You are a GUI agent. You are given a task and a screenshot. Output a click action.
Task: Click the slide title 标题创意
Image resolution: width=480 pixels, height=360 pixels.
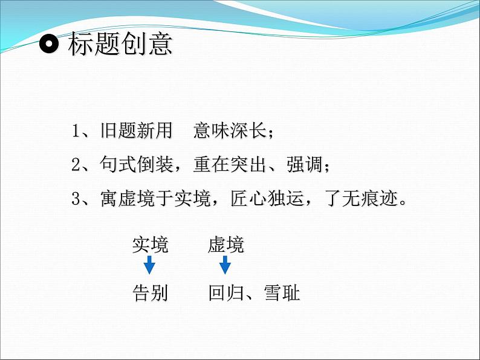coord(120,44)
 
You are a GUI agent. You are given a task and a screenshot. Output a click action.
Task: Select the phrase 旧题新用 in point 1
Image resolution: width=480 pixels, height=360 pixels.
coord(136,130)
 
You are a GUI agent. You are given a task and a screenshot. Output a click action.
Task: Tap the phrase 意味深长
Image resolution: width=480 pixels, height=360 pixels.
coord(230,130)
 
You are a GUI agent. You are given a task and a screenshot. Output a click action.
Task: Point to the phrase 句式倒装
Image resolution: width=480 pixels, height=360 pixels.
coord(136,164)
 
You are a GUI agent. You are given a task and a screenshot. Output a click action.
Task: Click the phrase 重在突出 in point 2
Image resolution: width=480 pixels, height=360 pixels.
coord(230,164)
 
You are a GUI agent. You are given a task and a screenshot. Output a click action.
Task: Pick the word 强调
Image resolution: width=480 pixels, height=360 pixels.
coord(304,164)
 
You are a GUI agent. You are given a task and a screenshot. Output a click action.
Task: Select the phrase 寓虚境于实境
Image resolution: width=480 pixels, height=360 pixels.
coord(155,198)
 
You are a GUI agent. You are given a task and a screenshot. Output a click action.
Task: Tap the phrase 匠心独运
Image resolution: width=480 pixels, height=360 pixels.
coord(267,198)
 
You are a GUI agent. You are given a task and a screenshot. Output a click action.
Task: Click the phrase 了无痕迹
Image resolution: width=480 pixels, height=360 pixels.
coord(362,198)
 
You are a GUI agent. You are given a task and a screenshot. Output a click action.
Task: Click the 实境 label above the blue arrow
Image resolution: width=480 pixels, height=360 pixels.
coord(151,245)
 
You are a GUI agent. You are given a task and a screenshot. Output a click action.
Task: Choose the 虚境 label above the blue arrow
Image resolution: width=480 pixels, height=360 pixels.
coord(225,245)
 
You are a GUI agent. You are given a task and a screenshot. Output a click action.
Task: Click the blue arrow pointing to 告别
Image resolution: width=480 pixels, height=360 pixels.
coord(149,265)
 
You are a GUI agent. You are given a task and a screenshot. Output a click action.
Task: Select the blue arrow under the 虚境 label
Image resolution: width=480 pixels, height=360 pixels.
coord(225,265)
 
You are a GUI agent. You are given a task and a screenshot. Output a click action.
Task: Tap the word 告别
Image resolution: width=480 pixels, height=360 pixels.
coord(151,293)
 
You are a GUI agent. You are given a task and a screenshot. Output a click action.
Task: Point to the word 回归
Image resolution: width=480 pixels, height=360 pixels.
coord(226,293)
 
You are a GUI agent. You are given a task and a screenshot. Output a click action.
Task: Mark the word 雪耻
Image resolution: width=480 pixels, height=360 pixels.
coord(282,293)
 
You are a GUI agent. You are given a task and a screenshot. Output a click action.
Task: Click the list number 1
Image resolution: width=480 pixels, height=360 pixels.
coord(76,131)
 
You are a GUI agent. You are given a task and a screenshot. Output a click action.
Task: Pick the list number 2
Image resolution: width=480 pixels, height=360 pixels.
coord(76,165)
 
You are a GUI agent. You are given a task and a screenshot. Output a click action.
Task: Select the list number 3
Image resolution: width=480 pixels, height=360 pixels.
coord(76,199)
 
